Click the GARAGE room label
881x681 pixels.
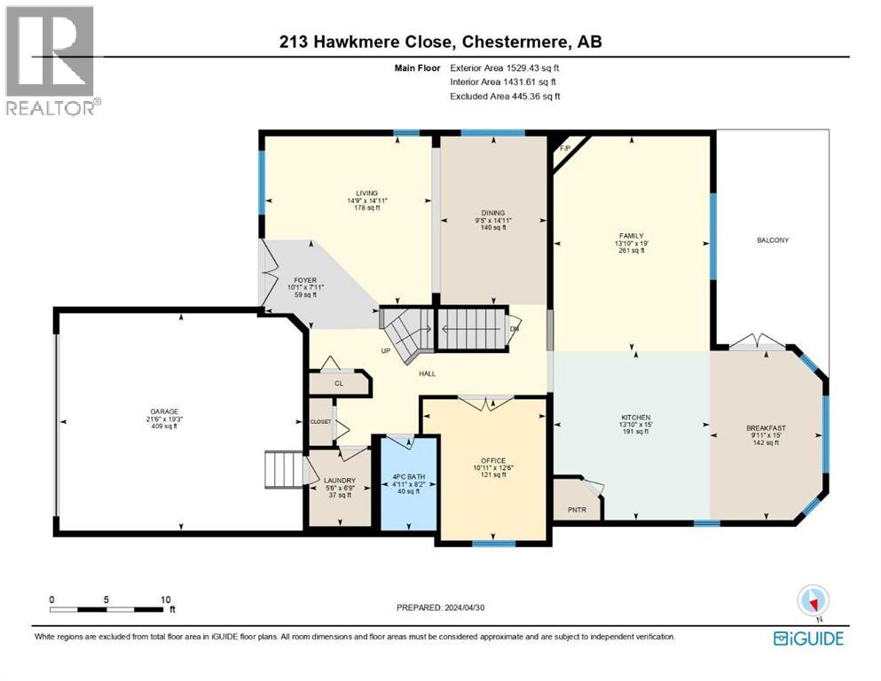[163, 411]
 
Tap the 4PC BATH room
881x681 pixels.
[409, 483]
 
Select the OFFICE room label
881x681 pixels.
[493, 460]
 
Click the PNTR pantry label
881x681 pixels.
[576, 510]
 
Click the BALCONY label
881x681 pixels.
[773, 240]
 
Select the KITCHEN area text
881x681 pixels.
[635, 417]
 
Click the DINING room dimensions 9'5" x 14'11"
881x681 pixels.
[493, 221]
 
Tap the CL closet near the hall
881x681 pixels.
[339, 384]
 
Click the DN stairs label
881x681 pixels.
[515, 329]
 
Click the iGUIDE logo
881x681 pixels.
[807, 638]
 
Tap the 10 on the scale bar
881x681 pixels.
[165, 599]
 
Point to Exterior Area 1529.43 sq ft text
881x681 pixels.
[504, 67]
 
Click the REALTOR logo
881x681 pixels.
[52, 61]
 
